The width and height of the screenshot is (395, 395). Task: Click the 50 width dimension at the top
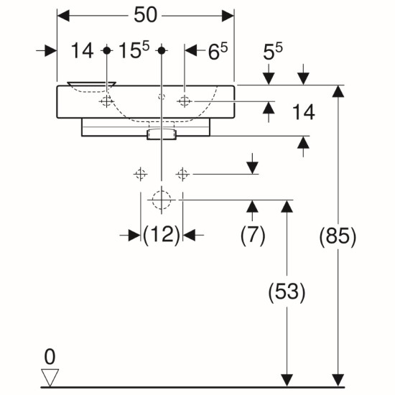coord(146,15)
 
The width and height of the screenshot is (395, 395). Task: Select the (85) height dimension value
coord(338,236)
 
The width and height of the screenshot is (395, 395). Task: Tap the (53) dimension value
coord(287,292)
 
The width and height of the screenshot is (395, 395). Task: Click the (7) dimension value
coord(253,236)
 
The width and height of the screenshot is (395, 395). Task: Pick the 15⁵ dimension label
coord(134,50)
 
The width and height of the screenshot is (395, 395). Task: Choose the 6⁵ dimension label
coord(218,51)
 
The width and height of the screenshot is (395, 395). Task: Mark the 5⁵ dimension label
coord(273,52)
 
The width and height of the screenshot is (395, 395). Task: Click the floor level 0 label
coord(50,357)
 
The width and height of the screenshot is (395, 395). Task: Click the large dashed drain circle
coord(162,200)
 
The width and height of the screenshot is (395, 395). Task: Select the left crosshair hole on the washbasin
coord(106,101)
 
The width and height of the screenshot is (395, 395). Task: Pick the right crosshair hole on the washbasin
coord(185,101)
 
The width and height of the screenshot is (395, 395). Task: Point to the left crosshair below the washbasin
coord(140,174)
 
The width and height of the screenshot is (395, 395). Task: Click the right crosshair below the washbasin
coord(182,174)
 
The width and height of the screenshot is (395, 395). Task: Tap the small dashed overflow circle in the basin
coord(162,96)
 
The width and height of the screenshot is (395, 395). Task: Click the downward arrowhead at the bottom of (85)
coord(338,381)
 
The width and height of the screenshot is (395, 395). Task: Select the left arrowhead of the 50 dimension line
coord(63,16)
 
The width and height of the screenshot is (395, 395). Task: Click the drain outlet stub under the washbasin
coord(162,134)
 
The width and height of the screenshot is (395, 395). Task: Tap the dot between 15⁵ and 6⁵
coord(162,50)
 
